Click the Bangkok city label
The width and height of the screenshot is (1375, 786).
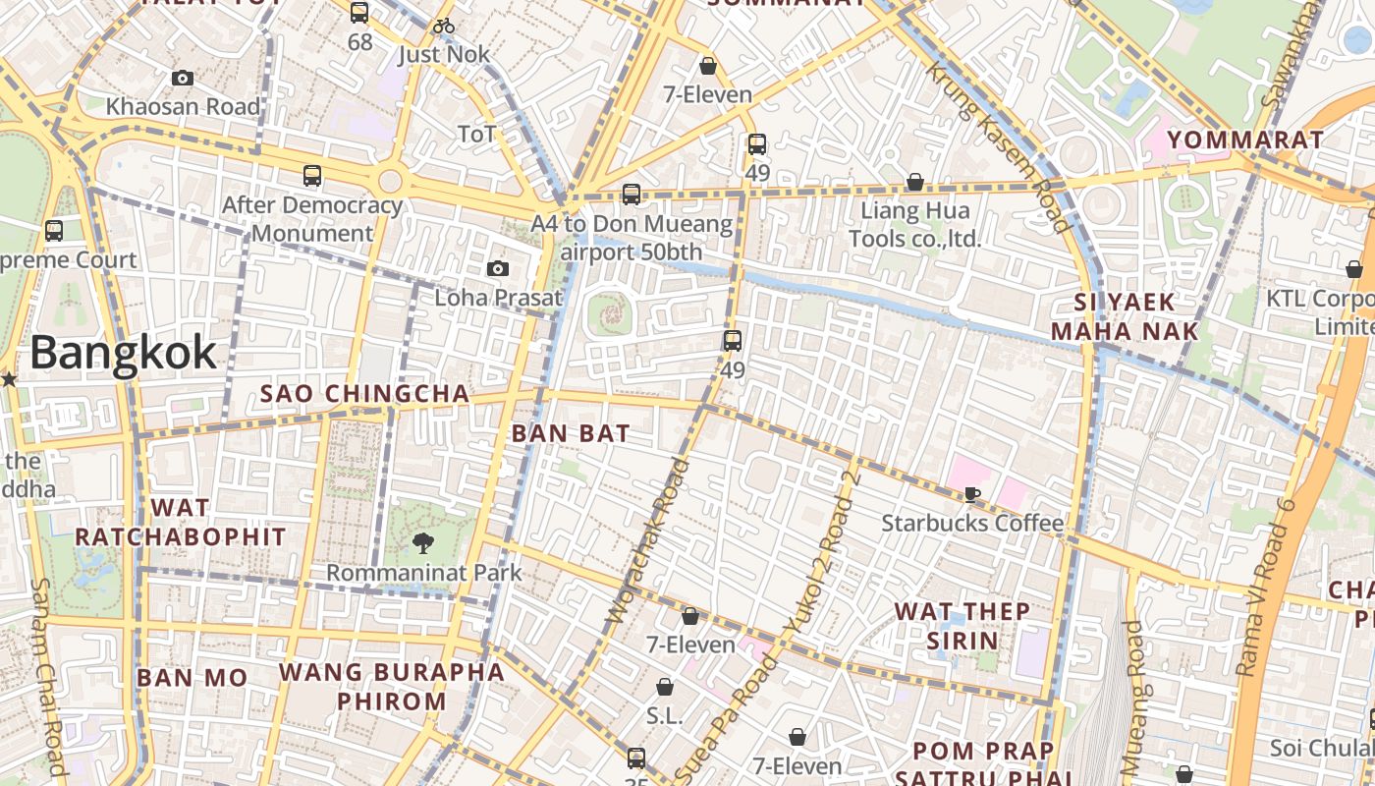[x=123, y=353]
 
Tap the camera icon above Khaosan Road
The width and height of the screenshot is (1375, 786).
[x=183, y=79]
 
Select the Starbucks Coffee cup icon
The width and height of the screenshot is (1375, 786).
[x=971, y=494]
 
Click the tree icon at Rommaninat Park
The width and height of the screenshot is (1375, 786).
[x=423, y=541]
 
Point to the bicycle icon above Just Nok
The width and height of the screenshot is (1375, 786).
[x=444, y=26]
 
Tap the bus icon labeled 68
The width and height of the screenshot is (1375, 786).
[x=359, y=13]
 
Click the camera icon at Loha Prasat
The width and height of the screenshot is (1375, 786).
[x=498, y=269]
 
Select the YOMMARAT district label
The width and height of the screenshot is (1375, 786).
[x=1246, y=140]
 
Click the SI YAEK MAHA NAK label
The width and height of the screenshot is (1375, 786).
[x=1125, y=316]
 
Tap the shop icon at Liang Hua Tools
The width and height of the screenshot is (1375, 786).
[x=914, y=182]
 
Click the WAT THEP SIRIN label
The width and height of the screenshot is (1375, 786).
[x=962, y=626]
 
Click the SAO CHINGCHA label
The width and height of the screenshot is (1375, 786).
[x=364, y=394]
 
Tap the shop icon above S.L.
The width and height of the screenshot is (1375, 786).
[x=665, y=687]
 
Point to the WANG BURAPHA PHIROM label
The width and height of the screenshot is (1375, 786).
[x=392, y=687]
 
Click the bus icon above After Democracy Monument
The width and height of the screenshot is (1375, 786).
[x=312, y=177]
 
